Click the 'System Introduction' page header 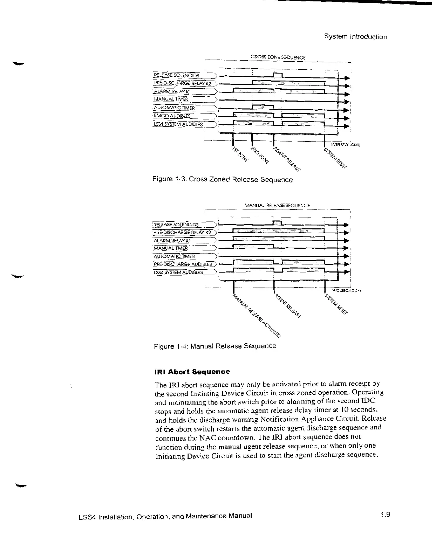[355, 37]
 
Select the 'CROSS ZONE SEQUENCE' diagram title [278, 57]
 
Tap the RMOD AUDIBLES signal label [172, 116]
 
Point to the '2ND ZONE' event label [260, 156]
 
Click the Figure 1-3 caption [223, 180]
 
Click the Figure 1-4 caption [215, 346]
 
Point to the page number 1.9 [386, 515]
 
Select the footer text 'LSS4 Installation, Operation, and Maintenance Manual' [165, 516]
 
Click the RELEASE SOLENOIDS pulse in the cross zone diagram [278, 75]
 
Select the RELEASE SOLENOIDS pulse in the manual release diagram [277, 223]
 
